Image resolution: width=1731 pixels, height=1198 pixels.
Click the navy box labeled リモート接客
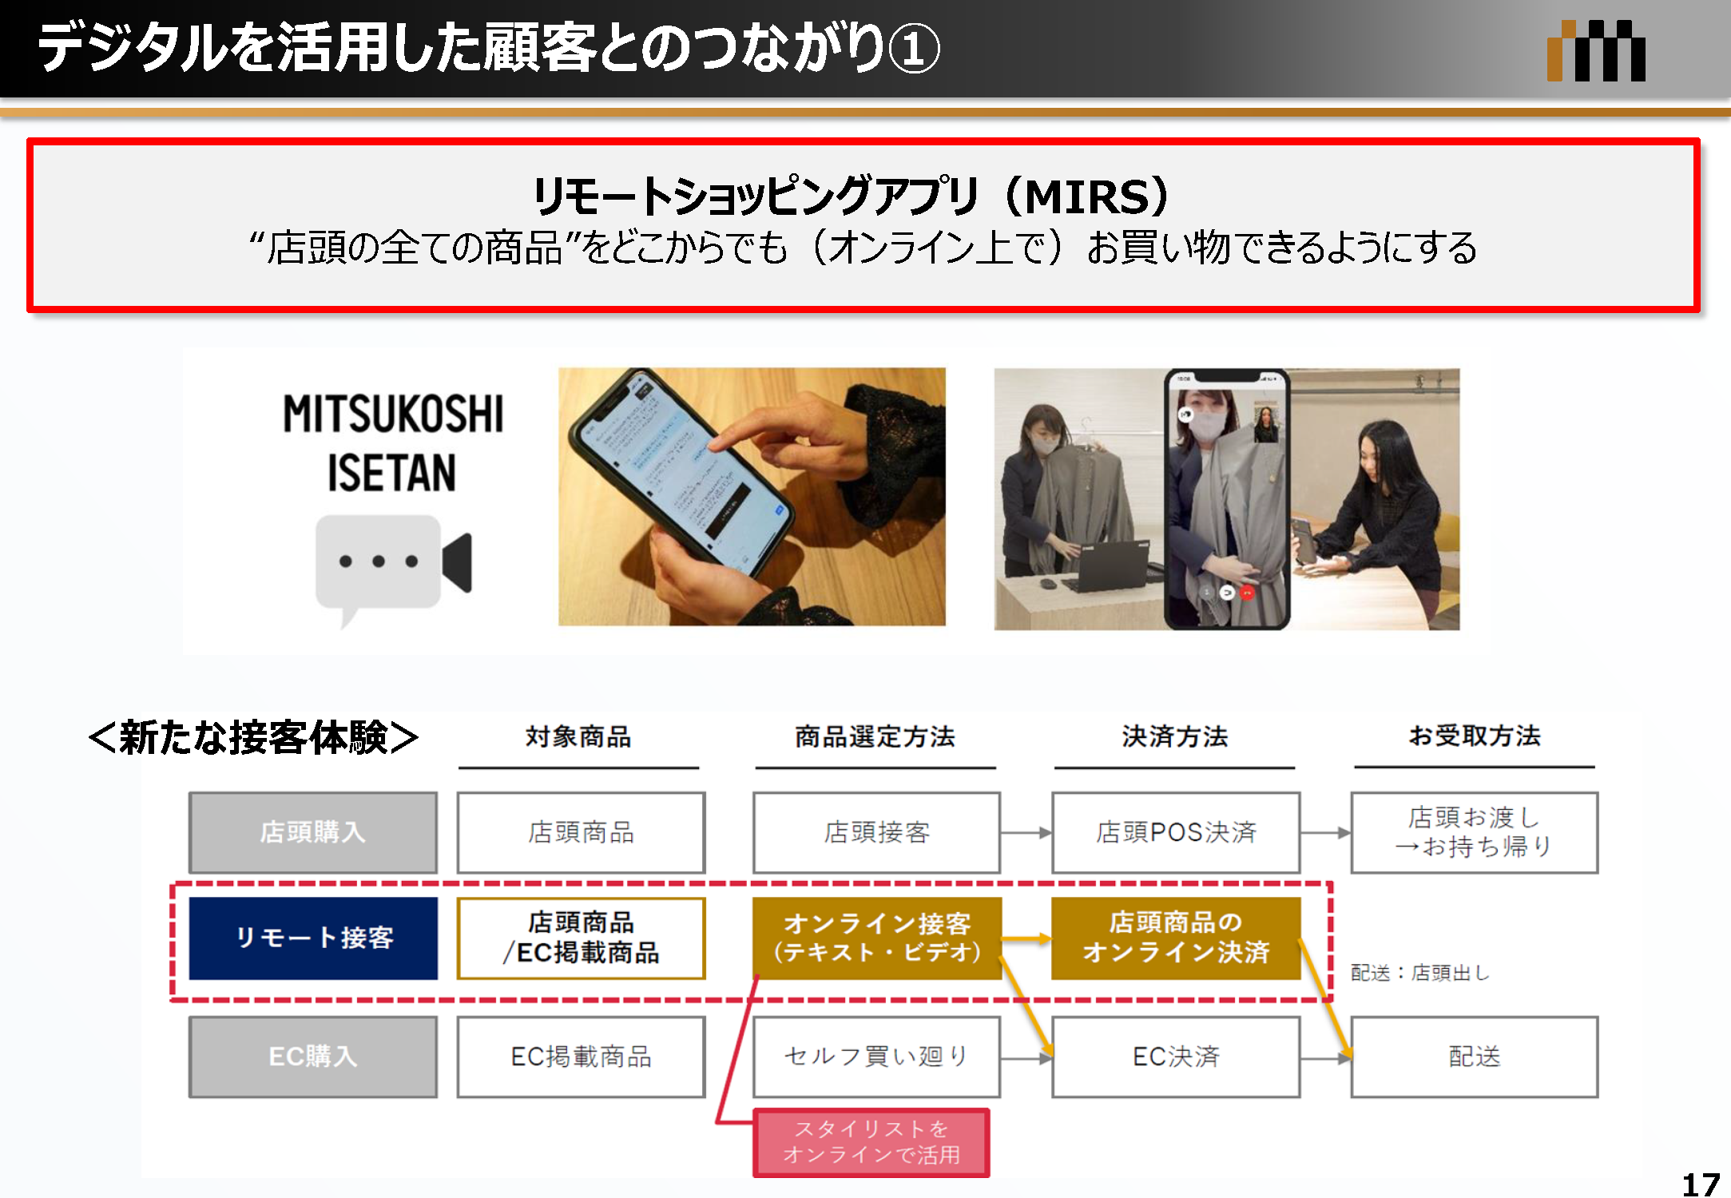[x=313, y=938]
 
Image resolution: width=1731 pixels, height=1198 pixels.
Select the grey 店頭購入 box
[x=313, y=832]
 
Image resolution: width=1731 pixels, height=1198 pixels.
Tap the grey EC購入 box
[x=313, y=1056]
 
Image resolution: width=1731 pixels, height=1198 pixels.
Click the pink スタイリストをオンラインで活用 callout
[x=871, y=1142]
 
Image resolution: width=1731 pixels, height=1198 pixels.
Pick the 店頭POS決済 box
[x=1176, y=832]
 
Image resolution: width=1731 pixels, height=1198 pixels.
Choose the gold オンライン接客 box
[x=877, y=938]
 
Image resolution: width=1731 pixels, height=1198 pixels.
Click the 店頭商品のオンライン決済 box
[x=1176, y=938]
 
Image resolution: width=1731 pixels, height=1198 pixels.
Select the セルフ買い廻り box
[x=877, y=1056]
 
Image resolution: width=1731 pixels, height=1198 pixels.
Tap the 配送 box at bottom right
[x=1475, y=1056]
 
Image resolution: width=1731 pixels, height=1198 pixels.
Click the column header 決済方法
[x=1174, y=736]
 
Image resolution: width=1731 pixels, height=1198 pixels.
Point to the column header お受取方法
[x=1475, y=736]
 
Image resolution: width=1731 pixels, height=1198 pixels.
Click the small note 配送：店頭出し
[x=1419, y=972]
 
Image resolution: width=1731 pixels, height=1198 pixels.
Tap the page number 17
[x=1700, y=1184]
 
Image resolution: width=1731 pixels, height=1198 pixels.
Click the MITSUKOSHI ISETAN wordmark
[x=393, y=442]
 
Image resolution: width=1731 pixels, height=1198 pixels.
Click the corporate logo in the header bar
[x=1596, y=51]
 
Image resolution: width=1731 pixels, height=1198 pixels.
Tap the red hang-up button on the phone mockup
[x=1248, y=593]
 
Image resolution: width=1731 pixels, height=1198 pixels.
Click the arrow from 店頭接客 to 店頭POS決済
[x=1026, y=832]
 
